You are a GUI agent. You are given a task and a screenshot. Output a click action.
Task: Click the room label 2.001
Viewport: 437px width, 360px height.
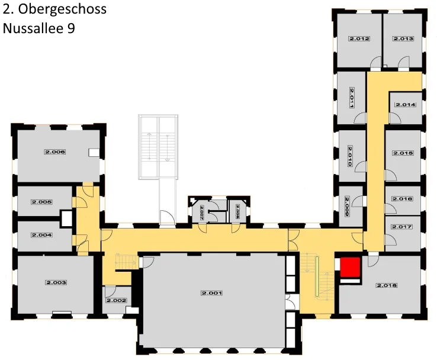click(x=211, y=293)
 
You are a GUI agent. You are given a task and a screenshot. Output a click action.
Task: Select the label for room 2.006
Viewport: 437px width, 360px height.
click(x=54, y=152)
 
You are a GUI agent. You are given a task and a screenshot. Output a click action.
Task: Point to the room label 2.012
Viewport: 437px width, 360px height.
click(x=359, y=39)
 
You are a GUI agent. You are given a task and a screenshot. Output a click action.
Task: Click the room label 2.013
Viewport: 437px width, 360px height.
click(x=403, y=39)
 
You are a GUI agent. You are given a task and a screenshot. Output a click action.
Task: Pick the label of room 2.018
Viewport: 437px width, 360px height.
click(x=387, y=285)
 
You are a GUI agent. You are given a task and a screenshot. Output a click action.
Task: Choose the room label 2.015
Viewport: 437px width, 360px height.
click(x=403, y=153)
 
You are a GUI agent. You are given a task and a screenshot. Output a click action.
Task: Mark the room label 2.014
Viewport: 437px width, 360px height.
click(x=406, y=105)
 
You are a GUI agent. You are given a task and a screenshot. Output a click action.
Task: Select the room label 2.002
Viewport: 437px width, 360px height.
click(x=116, y=301)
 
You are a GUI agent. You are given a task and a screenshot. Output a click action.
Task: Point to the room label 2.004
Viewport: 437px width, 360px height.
click(x=42, y=235)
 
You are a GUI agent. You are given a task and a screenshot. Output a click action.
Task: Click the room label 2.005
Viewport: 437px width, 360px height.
click(x=42, y=202)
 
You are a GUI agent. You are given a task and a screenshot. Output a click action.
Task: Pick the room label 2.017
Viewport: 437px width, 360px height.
click(x=402, y=227)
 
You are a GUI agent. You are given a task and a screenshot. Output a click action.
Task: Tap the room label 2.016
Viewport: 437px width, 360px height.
click(x=402, y=199)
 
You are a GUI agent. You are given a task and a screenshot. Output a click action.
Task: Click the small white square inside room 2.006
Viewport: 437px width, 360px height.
click(x=94, y=152)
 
